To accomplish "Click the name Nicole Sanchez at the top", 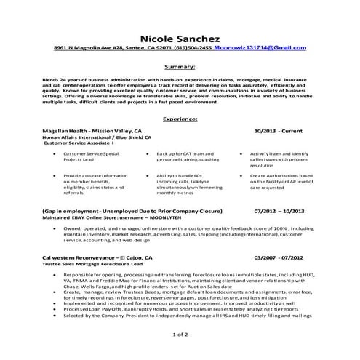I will (180, 34).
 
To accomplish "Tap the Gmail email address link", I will (260, 47).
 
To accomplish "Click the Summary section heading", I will (180, 65).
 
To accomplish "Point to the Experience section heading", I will (180, 118).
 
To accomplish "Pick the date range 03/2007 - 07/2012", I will (279, 257).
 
